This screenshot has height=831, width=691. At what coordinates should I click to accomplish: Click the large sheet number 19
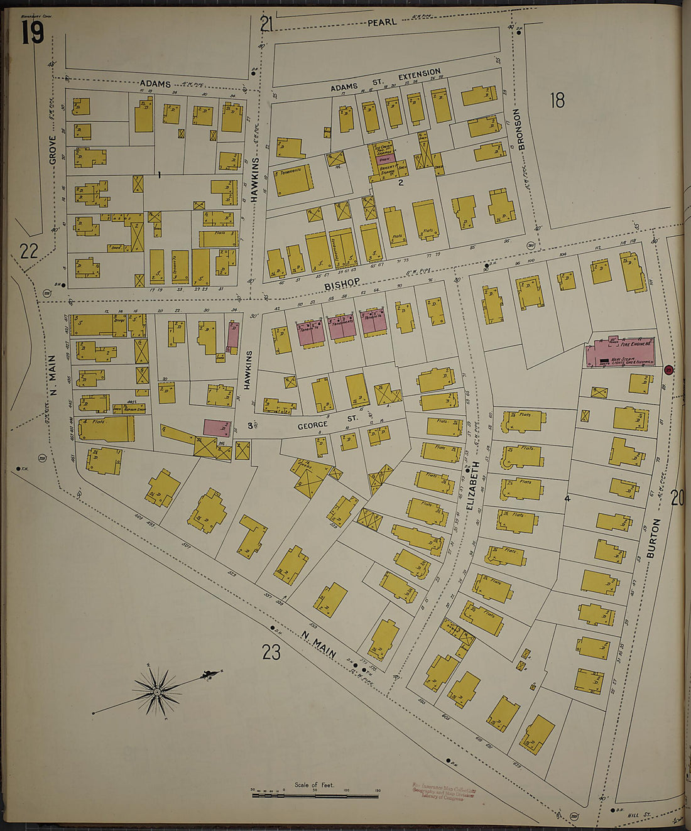coord(33,33)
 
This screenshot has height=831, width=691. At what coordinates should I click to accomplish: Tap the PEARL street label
coord(382,22)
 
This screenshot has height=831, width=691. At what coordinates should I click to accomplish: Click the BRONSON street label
coord(517,129)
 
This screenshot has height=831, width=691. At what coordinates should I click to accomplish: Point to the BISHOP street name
coord(342,285)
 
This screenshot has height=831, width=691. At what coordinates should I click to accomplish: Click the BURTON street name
coord(657,538)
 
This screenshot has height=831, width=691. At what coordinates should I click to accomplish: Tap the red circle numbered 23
coord(669,370)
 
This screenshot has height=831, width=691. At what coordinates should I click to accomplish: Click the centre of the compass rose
coord(156,692)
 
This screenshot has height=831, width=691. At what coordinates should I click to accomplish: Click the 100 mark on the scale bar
coord(347,791)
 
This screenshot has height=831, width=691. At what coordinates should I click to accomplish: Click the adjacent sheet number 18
coord(557,100)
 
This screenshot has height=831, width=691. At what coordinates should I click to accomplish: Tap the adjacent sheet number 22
coord(29,251)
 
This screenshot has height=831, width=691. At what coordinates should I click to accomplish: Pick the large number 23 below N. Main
coord(271,653)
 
